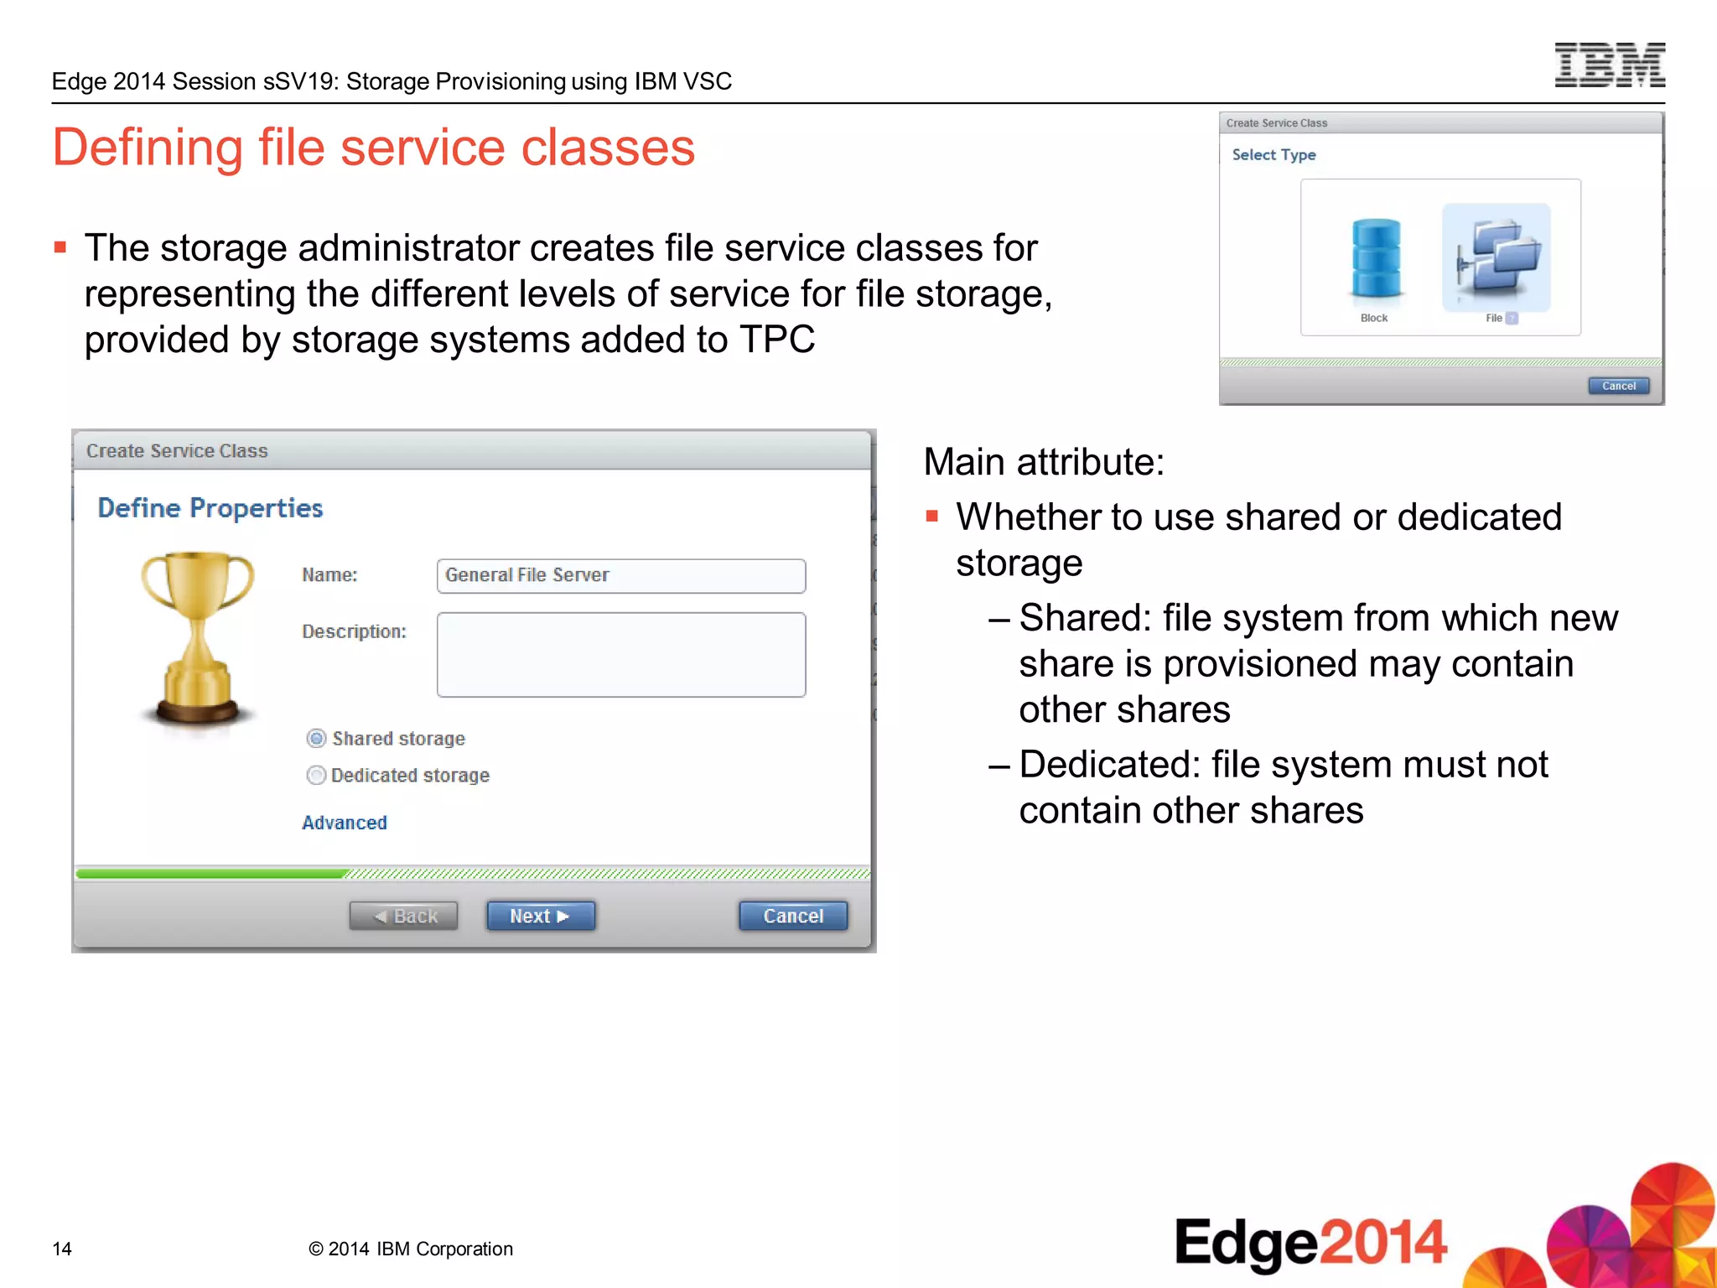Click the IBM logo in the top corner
tap(1609, 65)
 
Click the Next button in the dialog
tap(541, 916)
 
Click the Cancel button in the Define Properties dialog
tap(792, 916)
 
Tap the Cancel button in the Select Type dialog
tap(1618, 386)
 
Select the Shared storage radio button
tap(316, 739)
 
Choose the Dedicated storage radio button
tap(316, 776)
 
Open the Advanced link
tap(345, 823)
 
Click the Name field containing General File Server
tap(620, 576)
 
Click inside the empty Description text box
tap(620, 654)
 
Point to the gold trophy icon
tap(198, 637)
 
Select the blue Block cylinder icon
tap(1376, 258)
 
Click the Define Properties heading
tap(210, 508)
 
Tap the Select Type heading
tap(1273, 155)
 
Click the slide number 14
tap(62, 1249)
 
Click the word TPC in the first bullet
tap(776, 340)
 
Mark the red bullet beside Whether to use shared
tap(931, 517)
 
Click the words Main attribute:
tap(1044, 462)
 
